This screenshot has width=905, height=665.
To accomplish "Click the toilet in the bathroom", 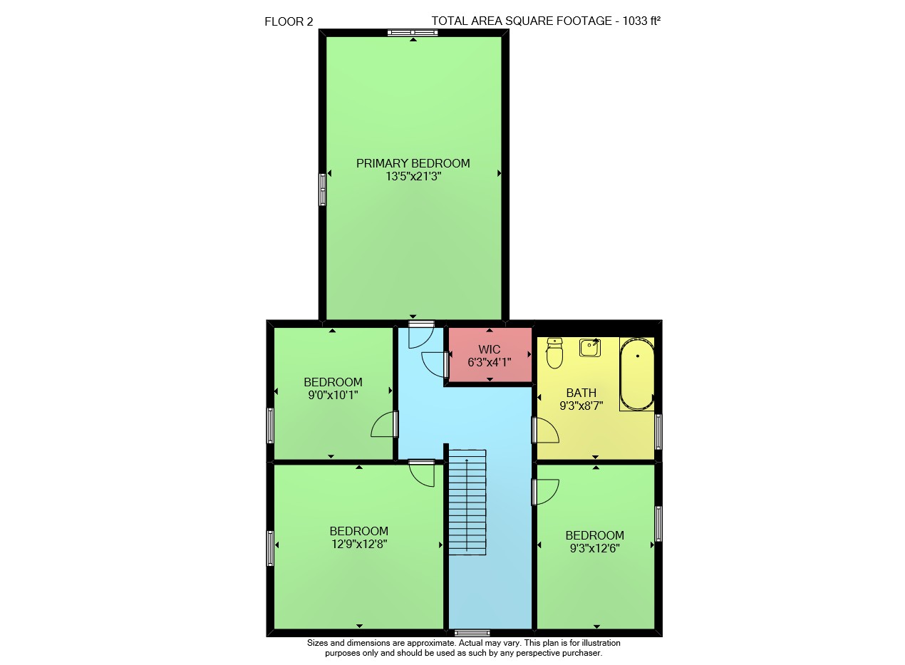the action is (x=554, y=353).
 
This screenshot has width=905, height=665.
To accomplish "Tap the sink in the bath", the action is (x=590, y=347).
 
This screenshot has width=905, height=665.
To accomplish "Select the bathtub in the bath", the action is (x=637, y=374).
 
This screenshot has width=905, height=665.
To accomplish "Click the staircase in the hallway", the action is (x=467, y=502).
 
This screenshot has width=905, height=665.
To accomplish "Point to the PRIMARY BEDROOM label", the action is (x=413, y=163).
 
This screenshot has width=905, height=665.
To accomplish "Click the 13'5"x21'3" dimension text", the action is (x=413, y=176).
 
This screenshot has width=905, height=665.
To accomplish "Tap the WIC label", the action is (x=490, y=349).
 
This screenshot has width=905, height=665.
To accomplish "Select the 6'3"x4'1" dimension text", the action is (x=490, y=362).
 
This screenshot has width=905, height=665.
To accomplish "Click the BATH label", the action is (x=581, y=393).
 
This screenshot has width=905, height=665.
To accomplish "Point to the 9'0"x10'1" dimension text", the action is (x=333, y=395).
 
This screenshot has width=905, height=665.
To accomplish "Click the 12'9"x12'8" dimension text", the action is (x=359, y=544).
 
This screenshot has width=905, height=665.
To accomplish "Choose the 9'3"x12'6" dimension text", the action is (x=595, y=548).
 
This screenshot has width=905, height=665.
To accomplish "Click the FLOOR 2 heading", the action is (x=289, y=21).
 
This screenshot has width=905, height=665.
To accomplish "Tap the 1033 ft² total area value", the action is (x=641, y=21).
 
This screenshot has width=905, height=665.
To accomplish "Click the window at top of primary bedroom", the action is (x=413, y=33).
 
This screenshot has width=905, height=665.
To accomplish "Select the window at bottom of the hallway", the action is (x=472, y=633).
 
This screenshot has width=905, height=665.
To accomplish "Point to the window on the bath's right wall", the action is (x=658, y=431).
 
